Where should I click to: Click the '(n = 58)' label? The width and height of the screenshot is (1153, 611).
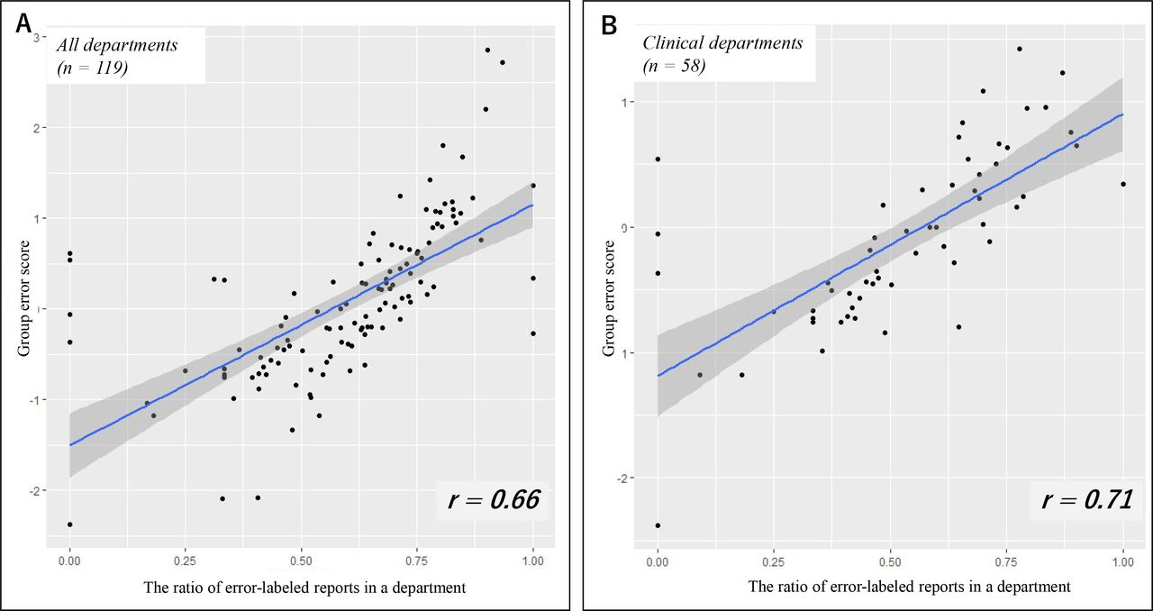pyautogui.click(x=675, y=67)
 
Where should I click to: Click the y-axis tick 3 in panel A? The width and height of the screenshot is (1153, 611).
pyautogui.click(x=36, y=37)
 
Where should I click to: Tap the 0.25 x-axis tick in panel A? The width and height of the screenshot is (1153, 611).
pyautogui.click(x=186, y=560)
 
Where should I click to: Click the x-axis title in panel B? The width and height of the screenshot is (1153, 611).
pyautogui.click(x=910, y=587)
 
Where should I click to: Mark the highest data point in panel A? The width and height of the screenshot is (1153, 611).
pyautogui.click(x=487, y=50)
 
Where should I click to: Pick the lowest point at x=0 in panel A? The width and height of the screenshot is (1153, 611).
pyautogui.click(x=69, y=524)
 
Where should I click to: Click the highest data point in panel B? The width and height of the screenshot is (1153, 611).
pyautogui.click(x=1020, y=50)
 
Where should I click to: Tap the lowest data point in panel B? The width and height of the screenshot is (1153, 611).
pyautogui.click(x=658, y=525)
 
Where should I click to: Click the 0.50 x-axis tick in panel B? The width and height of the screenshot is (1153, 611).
pyautogui.click(x=890, y=560)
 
